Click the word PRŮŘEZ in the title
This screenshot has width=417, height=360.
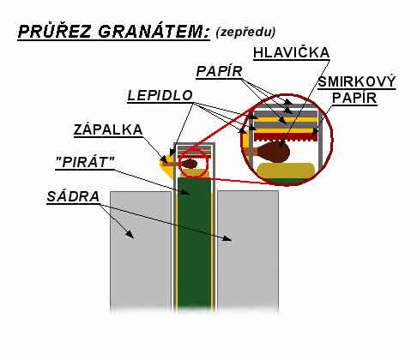coord(55,32)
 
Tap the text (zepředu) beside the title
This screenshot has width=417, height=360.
coord(245,32)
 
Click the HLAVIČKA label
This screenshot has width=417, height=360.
coord(292,52)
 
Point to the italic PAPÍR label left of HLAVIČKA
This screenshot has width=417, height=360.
coord(220,71)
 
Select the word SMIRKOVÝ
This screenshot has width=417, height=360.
coord(357,82)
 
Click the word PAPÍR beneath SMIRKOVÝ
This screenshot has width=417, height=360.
coord(354,98)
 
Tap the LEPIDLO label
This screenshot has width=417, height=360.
coord(160,95)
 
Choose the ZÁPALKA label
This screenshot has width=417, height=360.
coord(108,129)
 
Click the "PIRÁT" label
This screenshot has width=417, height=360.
coord(85,163)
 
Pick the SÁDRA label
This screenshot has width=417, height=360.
coord(73,196)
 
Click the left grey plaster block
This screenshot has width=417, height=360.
coord(141,251)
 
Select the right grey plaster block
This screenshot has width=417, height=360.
coord(248,251)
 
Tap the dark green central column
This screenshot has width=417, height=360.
coord(195,243)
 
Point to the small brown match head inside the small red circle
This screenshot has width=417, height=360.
coord(190,164)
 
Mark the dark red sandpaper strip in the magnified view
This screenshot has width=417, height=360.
coord(286,136)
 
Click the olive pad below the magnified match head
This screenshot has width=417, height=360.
coord(286,171)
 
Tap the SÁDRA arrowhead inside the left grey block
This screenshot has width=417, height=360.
coord(130,235)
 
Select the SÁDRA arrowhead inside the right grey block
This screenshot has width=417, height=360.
coord(228,238)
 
